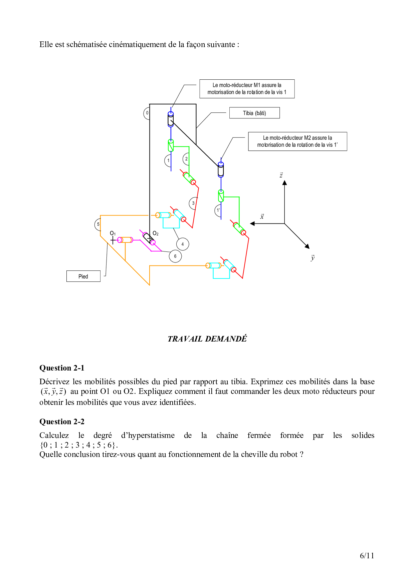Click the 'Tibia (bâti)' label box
[x=254, y=113]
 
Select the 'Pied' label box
[x=83, y=276]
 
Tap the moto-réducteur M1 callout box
[x=247, y=89]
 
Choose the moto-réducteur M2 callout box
[x=297, y=141]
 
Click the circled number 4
[x=182, y=244]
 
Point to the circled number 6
[x=175, y=256]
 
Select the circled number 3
[x=193, y=203]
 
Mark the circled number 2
[x=186, y=159]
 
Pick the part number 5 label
[x=98, y=224]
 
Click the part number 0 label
[x=147, y=113]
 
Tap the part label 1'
[x=218, y=210]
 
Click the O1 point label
[x=113, y=233]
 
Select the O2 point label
[x=156, y=233]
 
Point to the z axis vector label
[x=281, y=175]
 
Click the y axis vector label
[x=313, y=258]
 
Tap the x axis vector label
[x=262, y=216]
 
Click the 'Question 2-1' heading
[x=62, y=368]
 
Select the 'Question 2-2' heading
[x=62, y=422]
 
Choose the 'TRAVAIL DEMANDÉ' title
[x=207, y=339]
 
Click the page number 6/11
[x=367, y=556]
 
